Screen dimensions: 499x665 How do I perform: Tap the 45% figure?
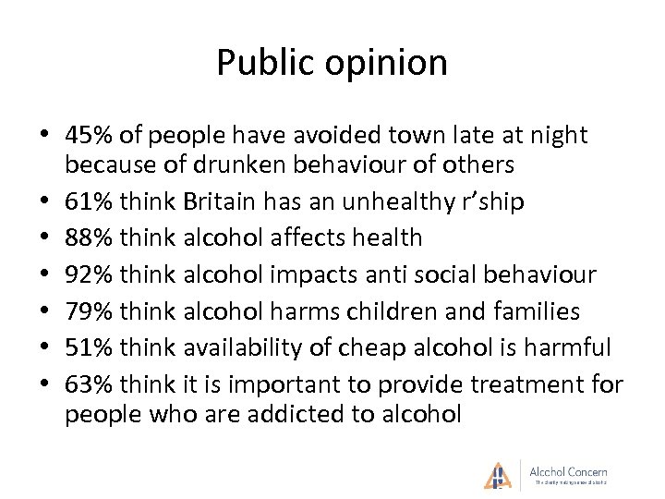89,136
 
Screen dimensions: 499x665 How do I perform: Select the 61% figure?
89,201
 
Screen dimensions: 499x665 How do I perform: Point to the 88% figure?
89,237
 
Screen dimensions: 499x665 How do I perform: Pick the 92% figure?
89,274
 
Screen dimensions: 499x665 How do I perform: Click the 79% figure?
89,311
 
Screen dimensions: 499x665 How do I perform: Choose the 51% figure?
89,347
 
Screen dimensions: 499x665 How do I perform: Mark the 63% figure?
89,384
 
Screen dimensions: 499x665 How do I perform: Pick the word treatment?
511,384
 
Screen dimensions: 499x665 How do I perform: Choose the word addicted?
299,414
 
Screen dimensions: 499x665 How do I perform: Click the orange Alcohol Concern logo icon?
498,474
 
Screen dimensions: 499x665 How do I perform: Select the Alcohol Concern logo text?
568,472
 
